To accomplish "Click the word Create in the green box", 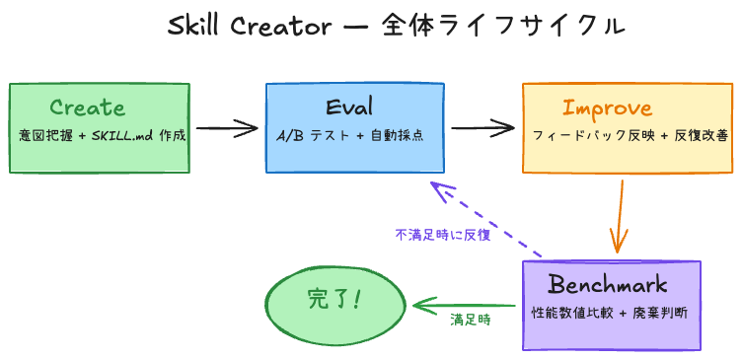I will tap(87, 108).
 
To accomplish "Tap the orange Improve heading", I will tap(607, 108).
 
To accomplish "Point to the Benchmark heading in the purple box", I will tap(608, 286).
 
